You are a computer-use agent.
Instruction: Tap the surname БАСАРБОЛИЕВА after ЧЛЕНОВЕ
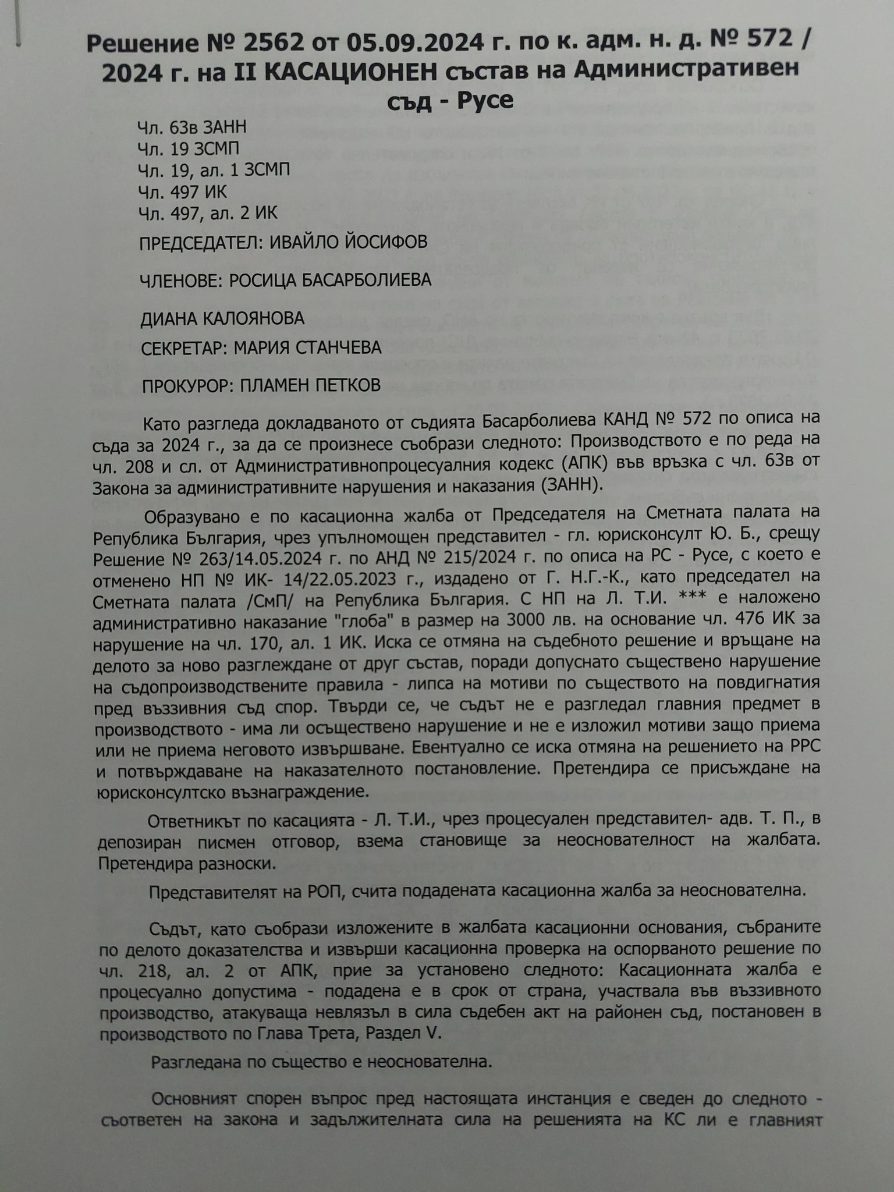pyautogui.click(x=359, y=280)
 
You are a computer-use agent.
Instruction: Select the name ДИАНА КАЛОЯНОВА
pyautogui.click(x=222, y=318)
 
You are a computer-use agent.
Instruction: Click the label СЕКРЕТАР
pyautogui.click(x=184, y=348)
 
